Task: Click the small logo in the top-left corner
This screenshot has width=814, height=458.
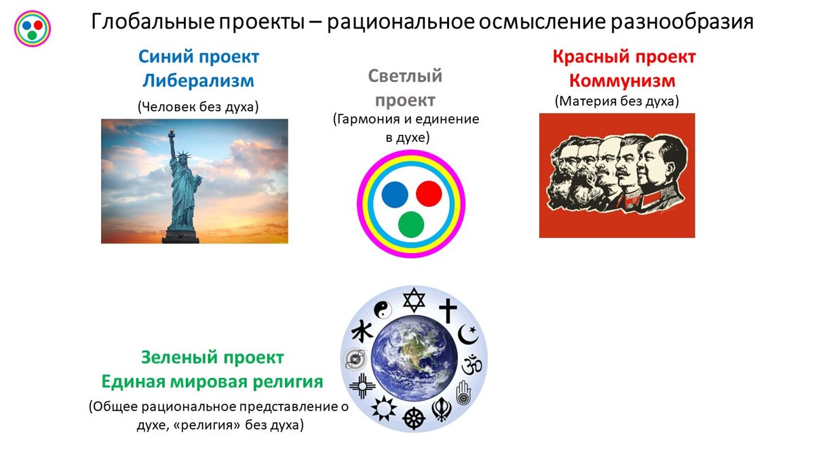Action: [x=33, y=28]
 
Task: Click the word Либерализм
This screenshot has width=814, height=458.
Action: [x=198, y=81]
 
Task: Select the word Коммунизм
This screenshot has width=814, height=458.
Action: [x=622, y=81]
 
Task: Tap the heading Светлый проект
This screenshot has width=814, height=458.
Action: [x=405, y=88]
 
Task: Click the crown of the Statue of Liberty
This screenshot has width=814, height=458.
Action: [x=184, y=155]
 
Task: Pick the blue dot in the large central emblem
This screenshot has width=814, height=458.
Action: [x=395, y=195]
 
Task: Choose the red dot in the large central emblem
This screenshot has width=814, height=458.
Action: [x=429, y=193]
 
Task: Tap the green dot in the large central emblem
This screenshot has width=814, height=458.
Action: [x=411, y=225]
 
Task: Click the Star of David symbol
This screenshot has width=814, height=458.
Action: [x=414, y=300]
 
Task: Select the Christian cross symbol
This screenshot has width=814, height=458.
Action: [x=448, y=311]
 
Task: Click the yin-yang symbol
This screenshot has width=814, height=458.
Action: [x=383, y=310]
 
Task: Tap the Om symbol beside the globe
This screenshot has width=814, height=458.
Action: [x=471, y=364]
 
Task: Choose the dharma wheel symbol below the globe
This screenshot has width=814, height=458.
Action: [x=414, y=418]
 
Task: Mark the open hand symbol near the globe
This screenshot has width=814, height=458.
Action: [x=463, y=393]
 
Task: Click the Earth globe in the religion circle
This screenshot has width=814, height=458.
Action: [x=414, y=358]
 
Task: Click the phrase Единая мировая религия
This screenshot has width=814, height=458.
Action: [x=212, y=381]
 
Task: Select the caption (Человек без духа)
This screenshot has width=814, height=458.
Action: [x=198, y=107]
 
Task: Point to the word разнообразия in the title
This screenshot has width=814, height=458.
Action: [x=682, y=22]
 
